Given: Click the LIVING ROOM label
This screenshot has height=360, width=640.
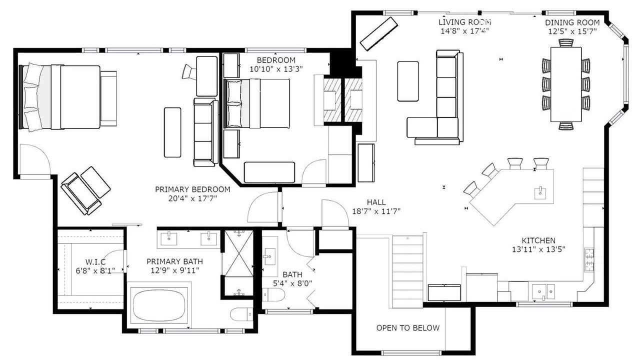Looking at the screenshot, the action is pos(464,22).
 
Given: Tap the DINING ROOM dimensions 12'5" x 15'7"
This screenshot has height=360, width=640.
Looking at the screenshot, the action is pos(572,31).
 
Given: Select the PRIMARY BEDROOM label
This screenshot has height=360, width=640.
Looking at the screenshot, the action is pos(192,189).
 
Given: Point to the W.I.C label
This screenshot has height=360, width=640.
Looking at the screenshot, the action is pos(95,261).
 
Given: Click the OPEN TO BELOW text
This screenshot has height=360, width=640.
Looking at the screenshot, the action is pos(407,328).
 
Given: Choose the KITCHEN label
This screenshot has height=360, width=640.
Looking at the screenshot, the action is pos(538,240).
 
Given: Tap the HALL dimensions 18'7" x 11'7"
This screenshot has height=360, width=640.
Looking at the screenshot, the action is pos(376,211).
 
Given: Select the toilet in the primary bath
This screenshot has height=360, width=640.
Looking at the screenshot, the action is pos(241,314).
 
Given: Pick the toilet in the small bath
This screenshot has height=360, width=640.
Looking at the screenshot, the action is pos(273,295).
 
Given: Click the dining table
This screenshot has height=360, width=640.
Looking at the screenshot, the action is pos(566,84).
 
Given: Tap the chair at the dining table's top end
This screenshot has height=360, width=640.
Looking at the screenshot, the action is pos(566,43).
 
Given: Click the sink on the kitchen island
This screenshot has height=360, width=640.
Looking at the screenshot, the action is pos(540,192).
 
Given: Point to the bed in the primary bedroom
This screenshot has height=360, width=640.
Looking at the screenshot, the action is pos(60,97).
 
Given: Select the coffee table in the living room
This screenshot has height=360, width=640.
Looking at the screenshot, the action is pos(407,81).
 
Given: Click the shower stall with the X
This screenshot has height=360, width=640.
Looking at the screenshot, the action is pos(238,253).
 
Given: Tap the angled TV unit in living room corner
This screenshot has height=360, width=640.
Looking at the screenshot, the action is pos(379,33).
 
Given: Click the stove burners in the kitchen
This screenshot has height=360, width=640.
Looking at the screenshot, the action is pos(588,259).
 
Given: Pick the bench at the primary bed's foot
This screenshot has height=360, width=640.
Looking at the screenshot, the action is pos(108,98).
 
